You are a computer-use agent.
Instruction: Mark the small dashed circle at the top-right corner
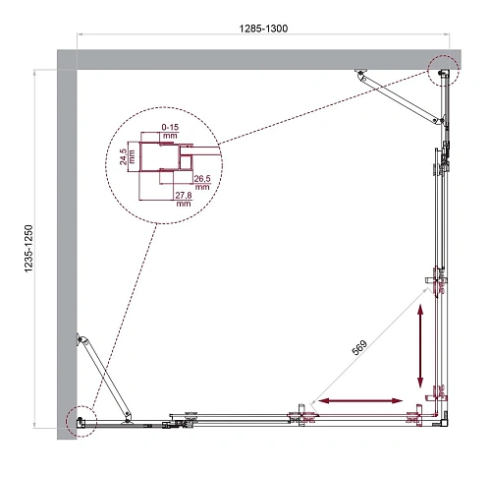tap(443, 69)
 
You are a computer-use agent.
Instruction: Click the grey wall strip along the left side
tap(66, 246)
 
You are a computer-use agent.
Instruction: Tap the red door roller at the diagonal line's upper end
tap(436, 284)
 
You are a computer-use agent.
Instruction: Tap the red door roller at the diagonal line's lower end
tap(303, 414)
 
